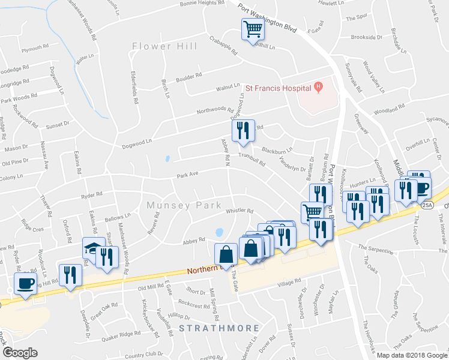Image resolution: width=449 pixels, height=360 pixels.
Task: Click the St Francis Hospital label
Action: pos(277,88)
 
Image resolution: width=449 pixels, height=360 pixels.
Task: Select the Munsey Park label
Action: pos(185,205)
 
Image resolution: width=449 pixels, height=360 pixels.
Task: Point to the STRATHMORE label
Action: pos(218,329)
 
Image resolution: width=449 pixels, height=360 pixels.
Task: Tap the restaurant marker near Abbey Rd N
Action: pos(243,131)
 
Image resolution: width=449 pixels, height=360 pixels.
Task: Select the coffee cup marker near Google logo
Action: pos(25,283)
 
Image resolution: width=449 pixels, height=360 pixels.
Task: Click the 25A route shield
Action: pos(427,205)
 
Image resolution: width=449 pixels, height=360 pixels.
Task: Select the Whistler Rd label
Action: pos(240,211)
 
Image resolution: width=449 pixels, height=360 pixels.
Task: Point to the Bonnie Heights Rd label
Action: pos(202,4)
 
